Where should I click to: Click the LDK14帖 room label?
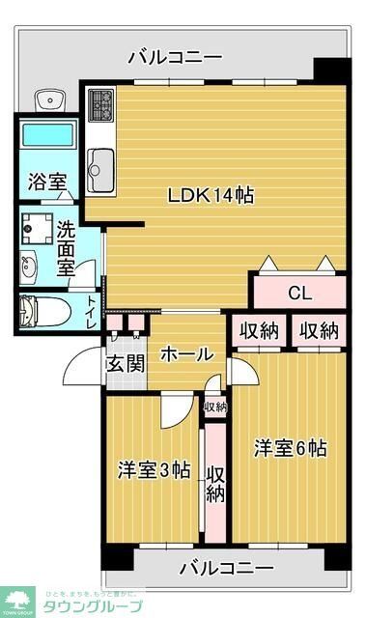[211, 195]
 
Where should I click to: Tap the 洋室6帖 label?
[290, 448]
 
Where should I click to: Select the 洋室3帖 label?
[153, 470]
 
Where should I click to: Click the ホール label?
[181, 353]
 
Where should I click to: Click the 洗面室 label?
[65, 247]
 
